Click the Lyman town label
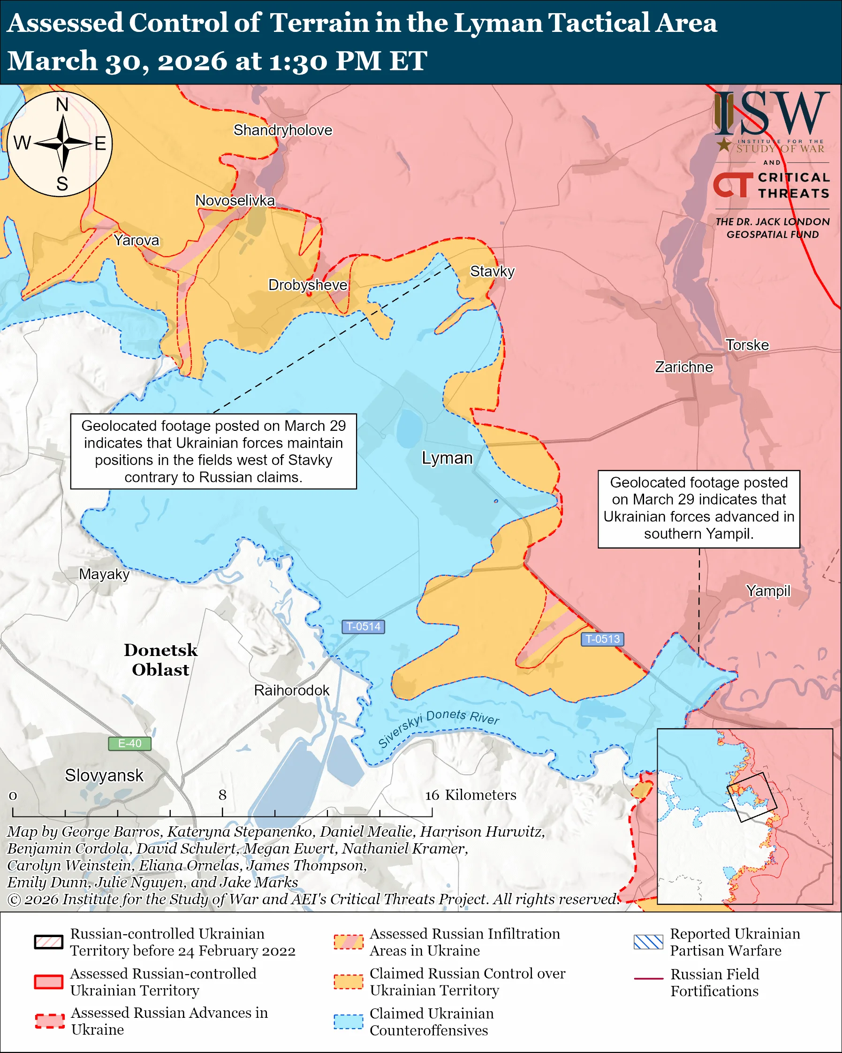tap(447, 458)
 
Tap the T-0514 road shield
tap(363, 626)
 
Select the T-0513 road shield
tap(602, 639)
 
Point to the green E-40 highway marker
tap(129, 743)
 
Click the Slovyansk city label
tap(105, 775)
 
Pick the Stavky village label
tap(492, 272)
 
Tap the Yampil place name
tap(768, 591)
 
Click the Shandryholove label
tap(282, 130)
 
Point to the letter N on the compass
tap(62, 105)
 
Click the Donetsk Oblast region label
tap(160, 660)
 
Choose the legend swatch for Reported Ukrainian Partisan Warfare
tap(648, 942)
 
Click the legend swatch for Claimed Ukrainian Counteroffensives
tap(349, 1022)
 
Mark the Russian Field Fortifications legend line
tap(648, 979)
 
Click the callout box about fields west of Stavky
tap(213, 451)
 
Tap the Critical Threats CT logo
tap(733, 185)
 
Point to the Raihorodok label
tap(291, 690)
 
